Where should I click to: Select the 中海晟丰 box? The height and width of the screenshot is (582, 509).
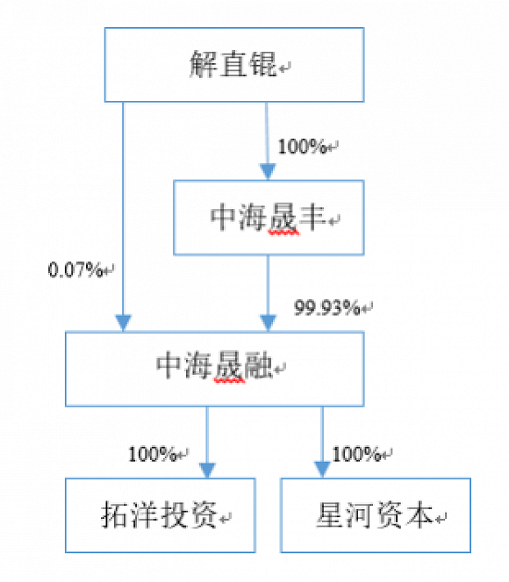[x=269, y=219]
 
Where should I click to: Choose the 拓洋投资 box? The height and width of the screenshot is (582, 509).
[x=160, y=515]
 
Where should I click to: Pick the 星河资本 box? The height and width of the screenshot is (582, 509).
[x=375, y=515]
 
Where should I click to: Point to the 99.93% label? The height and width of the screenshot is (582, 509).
[x=326, y=307]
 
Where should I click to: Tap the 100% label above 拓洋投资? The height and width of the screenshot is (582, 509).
[x=153, y=454]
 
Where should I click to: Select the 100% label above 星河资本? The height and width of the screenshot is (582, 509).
[x=355, y=454]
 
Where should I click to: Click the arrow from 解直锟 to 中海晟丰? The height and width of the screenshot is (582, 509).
[x=267, y=140]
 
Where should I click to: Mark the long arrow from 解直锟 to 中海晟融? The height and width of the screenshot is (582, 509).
[x=124, y=219]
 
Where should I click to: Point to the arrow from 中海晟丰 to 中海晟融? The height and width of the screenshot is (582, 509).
[x=267, y=294]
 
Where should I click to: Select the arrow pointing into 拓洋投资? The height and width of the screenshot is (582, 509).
[x=207, y=443]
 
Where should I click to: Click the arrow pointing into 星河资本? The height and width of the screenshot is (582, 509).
[x=322, y=443]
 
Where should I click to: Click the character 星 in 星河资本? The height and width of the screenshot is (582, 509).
[x=330, y=516]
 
